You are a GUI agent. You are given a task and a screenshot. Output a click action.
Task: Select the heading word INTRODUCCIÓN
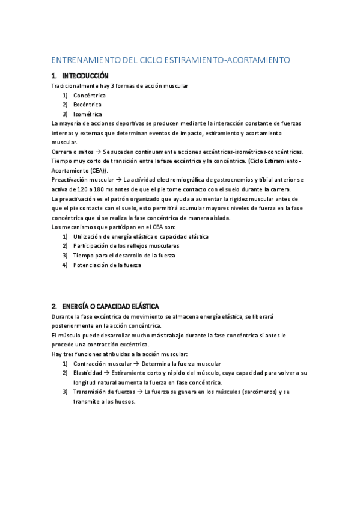[85, 76]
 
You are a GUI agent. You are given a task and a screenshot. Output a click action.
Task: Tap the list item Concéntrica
[90, 95]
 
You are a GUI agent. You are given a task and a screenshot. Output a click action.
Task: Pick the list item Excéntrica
[88, 105]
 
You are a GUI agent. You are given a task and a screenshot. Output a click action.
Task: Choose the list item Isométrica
[88, 114]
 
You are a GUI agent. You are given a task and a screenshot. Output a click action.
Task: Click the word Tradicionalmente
[76, 85]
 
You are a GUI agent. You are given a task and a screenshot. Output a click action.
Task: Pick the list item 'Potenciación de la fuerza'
[107, 265]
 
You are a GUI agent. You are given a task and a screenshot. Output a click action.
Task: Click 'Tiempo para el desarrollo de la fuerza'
[124, 255]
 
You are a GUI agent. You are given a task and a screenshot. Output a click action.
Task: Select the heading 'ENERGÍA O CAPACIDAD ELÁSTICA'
[111, 306]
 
